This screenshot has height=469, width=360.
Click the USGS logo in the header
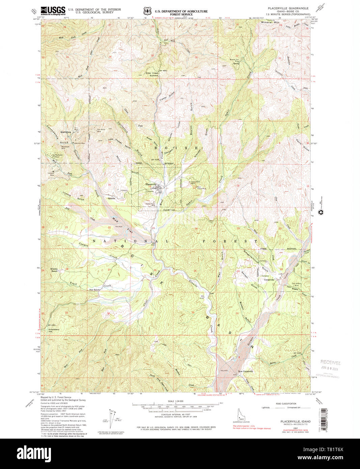pyautogui.click(x=53, y=10)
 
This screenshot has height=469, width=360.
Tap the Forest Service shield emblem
pyautogui.click(x=145, y=11)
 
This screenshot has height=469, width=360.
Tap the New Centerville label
pyautogui.click(x=245, y=371)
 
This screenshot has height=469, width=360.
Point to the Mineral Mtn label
pyautogui.click(x=271, y=22)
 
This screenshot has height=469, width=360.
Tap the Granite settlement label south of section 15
pyautogui.click(x=111, y=198)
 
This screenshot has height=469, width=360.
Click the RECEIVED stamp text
pyautogui.click(x=331, y=363)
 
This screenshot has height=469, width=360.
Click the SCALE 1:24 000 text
pyautogui.click(x=175, y=401)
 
